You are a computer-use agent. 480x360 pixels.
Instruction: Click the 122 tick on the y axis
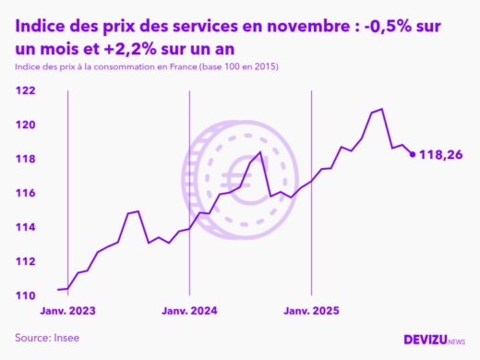(24, 90)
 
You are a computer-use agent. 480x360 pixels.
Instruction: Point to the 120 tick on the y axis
(24, 125)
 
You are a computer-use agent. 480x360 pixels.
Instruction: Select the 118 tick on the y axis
(24, 159)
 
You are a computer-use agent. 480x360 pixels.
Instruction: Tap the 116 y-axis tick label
(24, 193)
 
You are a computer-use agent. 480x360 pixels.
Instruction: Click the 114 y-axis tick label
(24, 227)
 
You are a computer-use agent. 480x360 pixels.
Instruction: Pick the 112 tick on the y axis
(24, 261)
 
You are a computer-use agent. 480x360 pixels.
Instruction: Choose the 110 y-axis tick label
(24, 295)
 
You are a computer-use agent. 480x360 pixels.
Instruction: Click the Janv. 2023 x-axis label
(67, 311)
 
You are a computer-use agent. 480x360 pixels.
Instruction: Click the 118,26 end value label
(440, 155)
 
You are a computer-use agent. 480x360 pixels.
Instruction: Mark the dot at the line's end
(413, 154)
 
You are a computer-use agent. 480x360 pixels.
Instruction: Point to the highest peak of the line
(382, 109)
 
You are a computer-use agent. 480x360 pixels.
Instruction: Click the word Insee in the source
(65, 338)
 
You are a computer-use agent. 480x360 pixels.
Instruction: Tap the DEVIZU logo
(434, 340)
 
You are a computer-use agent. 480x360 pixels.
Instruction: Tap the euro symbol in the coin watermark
(242, 175)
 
